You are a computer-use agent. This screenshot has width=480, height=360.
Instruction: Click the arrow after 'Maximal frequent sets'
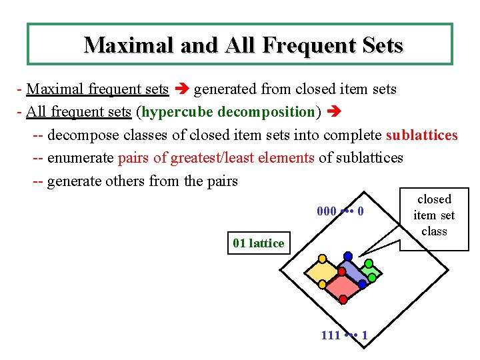point(181,89)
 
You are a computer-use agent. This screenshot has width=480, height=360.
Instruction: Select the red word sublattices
point(421,135)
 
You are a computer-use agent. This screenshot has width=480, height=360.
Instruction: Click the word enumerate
point(80,158)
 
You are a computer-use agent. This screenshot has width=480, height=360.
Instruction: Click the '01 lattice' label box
point(258,243)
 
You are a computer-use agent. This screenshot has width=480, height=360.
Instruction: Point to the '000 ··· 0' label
point(341,211)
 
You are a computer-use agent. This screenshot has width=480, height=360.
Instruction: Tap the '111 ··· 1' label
point(344,335)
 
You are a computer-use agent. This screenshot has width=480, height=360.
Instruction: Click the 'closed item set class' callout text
point(434,215)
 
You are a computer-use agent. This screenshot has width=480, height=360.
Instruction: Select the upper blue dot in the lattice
point(348,256)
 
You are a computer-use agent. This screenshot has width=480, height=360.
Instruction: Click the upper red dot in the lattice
point(341,271)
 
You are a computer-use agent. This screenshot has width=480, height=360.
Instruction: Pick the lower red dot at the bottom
point(343,300)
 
